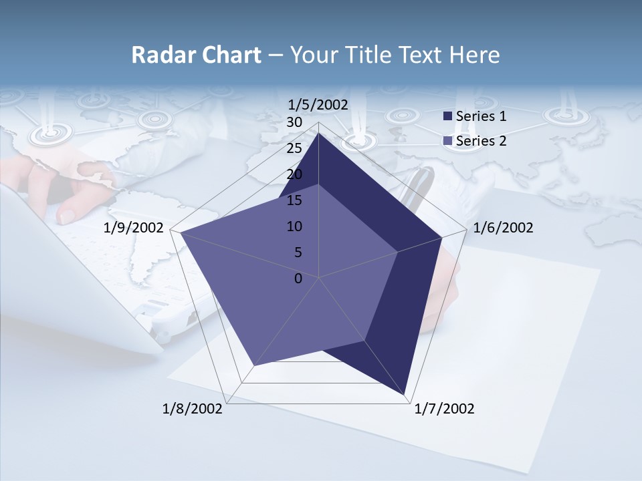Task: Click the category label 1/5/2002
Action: (318, 104)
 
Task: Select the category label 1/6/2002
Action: (503, 228)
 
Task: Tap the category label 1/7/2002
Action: (444, 409)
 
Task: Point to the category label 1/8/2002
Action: (193, 409)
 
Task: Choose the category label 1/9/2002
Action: (134, 228)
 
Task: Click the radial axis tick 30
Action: (294, 122)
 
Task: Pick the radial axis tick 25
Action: (294, 148)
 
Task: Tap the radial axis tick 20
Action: (294, 174)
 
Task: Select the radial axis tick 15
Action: (294, 200)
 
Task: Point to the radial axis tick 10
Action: (294, 226)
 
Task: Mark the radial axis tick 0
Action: (298, 279)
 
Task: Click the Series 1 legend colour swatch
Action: (447, 116)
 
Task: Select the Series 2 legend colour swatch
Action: (447, 141)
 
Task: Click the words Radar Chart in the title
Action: (196, 55)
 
